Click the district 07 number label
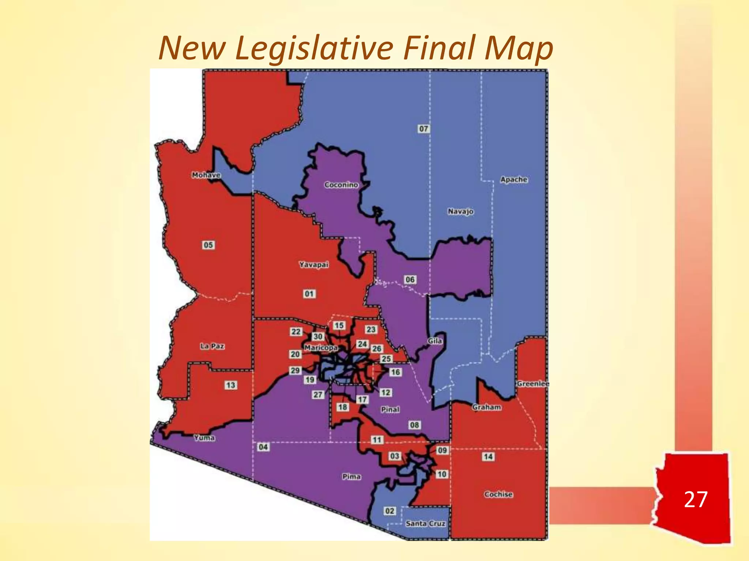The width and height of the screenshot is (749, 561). click(423, 129)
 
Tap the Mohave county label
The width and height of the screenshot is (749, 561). click(206, 175)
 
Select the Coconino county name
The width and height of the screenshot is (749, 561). click(341, 185)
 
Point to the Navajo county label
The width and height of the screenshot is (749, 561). click(460, 211)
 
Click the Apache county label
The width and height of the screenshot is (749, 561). click(514, 180)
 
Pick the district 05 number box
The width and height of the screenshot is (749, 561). click(208, 245)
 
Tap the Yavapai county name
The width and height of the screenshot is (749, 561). click(314, 264)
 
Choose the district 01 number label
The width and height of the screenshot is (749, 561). click(309, 294)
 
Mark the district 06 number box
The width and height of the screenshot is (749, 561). click(410, 279)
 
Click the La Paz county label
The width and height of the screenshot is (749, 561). click(212, 346)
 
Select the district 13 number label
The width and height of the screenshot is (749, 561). click(230, 385)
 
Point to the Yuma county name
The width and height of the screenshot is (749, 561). click(204, 438)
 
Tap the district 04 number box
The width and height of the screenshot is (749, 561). click(263, 447)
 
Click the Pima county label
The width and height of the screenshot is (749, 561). click(351, 477)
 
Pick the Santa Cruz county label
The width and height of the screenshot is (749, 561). click(425, 523)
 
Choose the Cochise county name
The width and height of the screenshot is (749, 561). click(498, 494)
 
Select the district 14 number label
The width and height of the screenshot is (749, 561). click(488, 457)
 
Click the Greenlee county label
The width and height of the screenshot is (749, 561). click(533, 383)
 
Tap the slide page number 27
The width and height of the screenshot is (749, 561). click(695, 499)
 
